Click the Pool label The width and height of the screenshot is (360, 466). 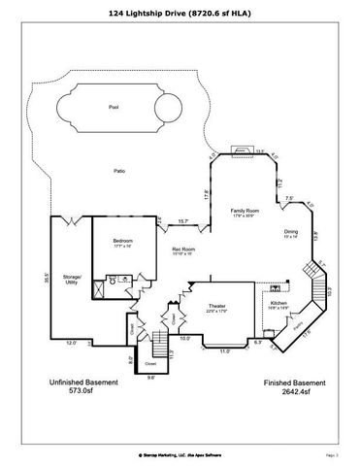pos(114,108)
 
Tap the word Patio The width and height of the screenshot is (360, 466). pos(118,171)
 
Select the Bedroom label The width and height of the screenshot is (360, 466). pos(122,240)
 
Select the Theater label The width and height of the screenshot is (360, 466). pos(216,307)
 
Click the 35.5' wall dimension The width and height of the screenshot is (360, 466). pos(47,276)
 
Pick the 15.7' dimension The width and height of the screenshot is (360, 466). pos(182,222)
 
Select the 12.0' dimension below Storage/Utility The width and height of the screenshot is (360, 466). pos(71,343)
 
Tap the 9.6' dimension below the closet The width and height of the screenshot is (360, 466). pos(149,379)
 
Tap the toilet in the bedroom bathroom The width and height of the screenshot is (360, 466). pos(113,281)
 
